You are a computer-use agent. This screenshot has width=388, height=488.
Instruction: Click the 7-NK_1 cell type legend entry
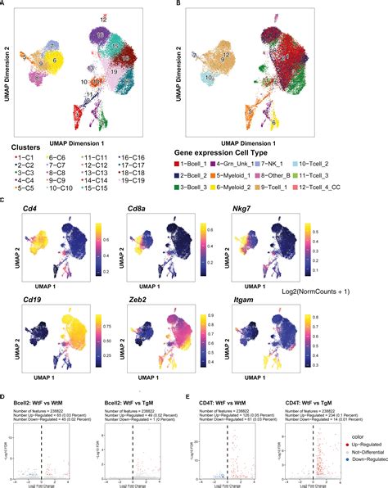[x=263, y=163]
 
